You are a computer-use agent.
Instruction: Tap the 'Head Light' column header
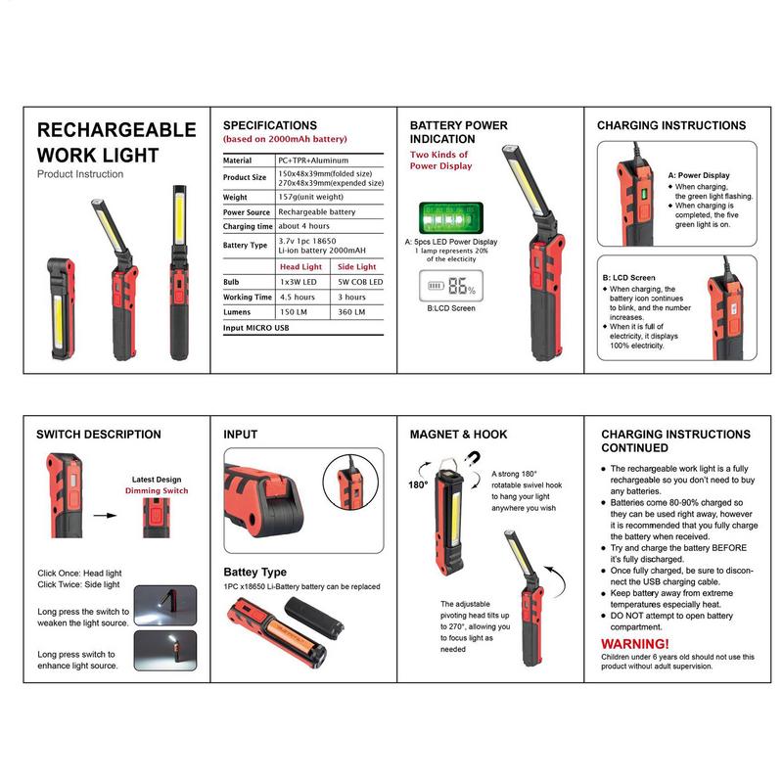click(x=300, y=266)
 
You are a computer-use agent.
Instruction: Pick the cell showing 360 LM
click(x=351, y=311)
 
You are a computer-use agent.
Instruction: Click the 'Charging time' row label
click(x=248, y=226)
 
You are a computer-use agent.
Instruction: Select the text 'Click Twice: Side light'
click(x=78, y=584)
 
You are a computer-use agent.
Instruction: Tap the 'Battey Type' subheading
click(x=254, y=572)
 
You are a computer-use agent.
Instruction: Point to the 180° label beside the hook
click(x=419, y=484)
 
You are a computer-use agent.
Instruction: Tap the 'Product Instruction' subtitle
click(x=80, y=174)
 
